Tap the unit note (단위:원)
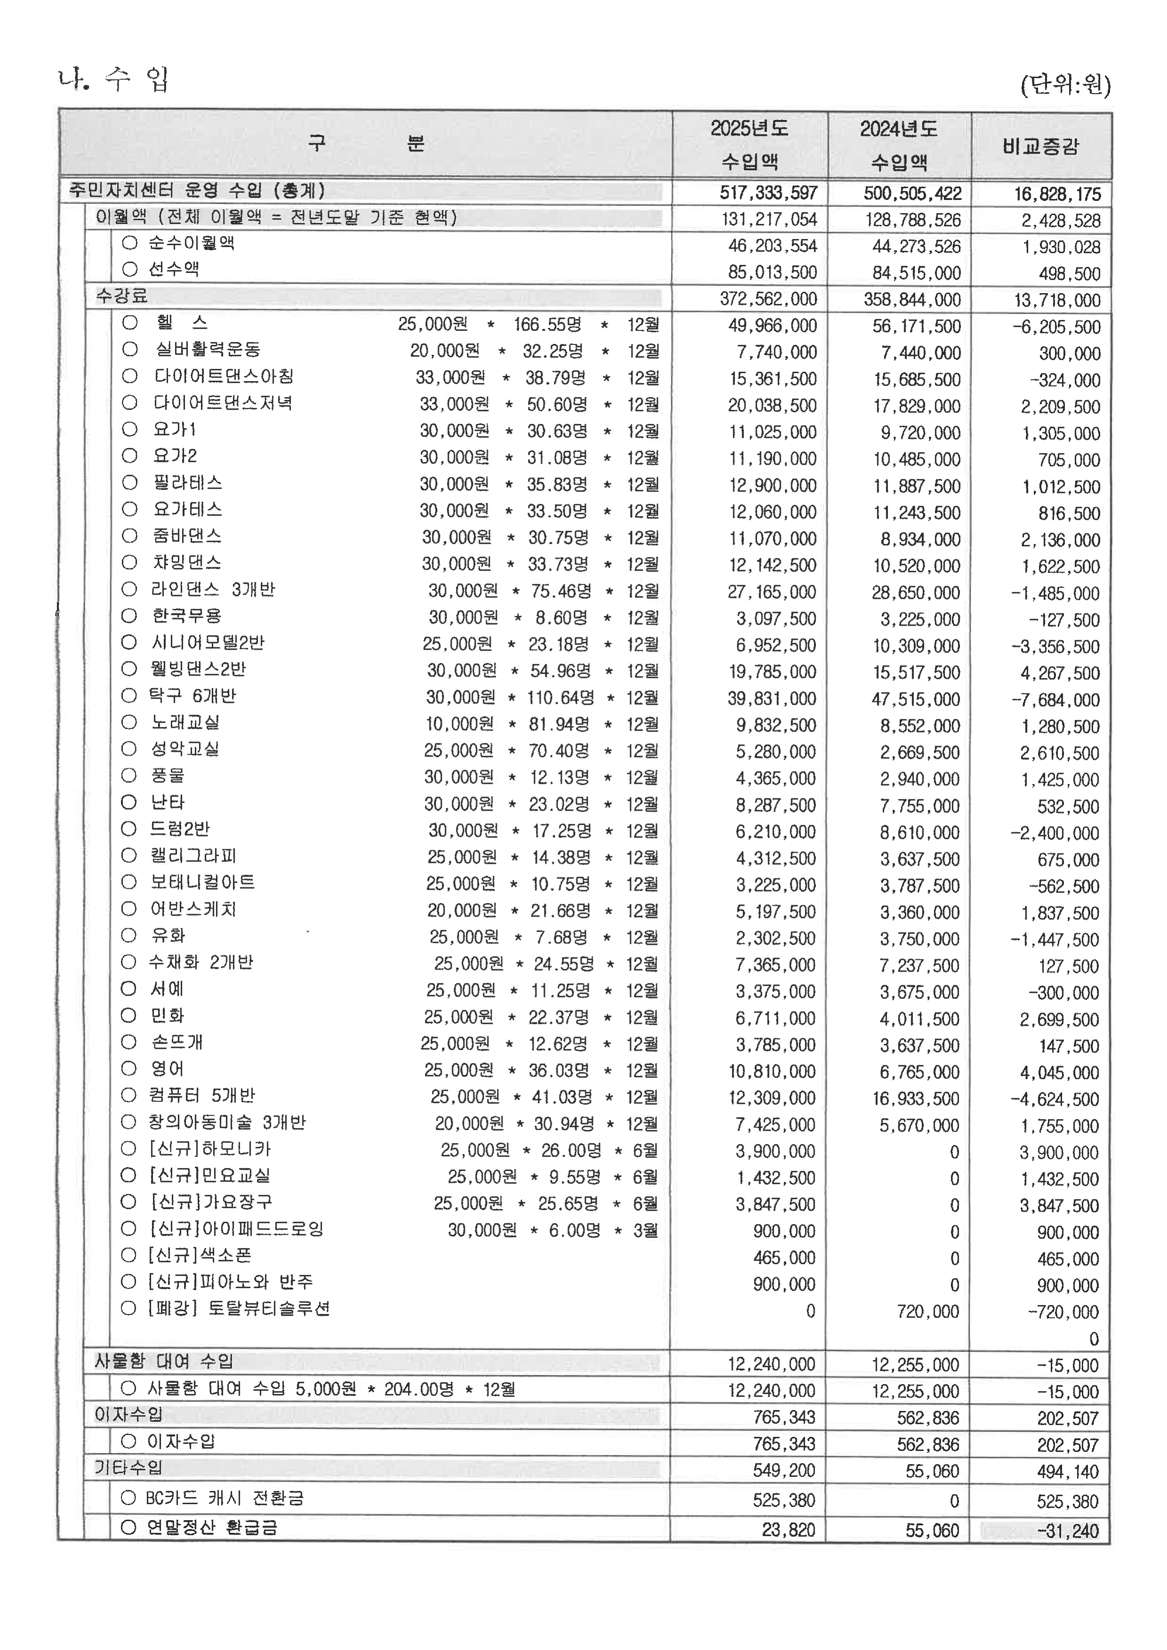tap(1065, 86)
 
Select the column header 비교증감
tap(1040, 147)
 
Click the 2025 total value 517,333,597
tap(768, 192)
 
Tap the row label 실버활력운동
tap(208, 350)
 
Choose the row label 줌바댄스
tap(187, 536)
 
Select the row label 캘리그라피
tap(192, 856)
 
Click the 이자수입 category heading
tap(128, 1414)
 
